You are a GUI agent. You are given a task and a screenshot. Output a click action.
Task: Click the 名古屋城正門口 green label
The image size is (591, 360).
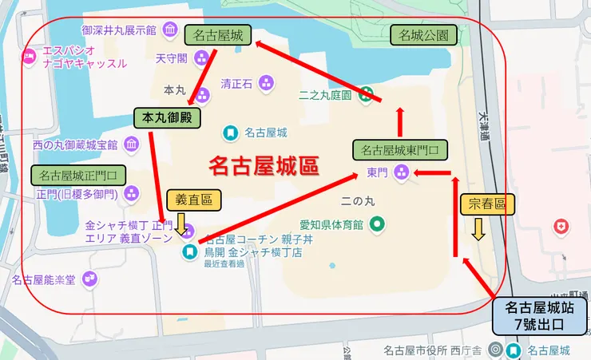tap(77, 175)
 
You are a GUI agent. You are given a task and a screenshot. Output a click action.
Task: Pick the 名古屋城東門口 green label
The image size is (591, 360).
tap(399, 149)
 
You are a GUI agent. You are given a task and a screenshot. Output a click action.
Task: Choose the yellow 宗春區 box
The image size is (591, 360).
tap(484, 204)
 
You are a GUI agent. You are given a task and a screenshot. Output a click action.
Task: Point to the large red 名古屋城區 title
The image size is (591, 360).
tap(264, 165)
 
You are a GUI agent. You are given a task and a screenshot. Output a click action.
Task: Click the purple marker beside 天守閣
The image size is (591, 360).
tap(200, 57)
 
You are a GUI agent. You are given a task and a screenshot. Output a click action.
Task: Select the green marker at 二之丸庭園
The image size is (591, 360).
tap(365, 93)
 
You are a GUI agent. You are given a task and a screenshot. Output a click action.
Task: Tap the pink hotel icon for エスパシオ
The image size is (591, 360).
tap(29, 56)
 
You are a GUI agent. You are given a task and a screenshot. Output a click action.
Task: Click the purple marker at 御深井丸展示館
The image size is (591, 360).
tap(169, 30)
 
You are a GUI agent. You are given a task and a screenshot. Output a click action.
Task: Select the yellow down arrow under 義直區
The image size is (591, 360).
tap(181, 225)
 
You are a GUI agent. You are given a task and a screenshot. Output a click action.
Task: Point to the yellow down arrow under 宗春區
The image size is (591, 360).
tap(478, 231)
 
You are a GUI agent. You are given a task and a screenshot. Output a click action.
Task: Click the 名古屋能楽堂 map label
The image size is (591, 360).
tap(43, 279)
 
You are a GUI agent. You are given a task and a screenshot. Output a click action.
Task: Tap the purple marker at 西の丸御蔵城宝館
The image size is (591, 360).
tap(131, 144)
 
